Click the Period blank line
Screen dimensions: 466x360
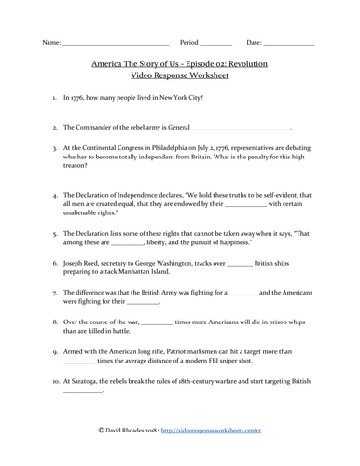click(216, 45)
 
